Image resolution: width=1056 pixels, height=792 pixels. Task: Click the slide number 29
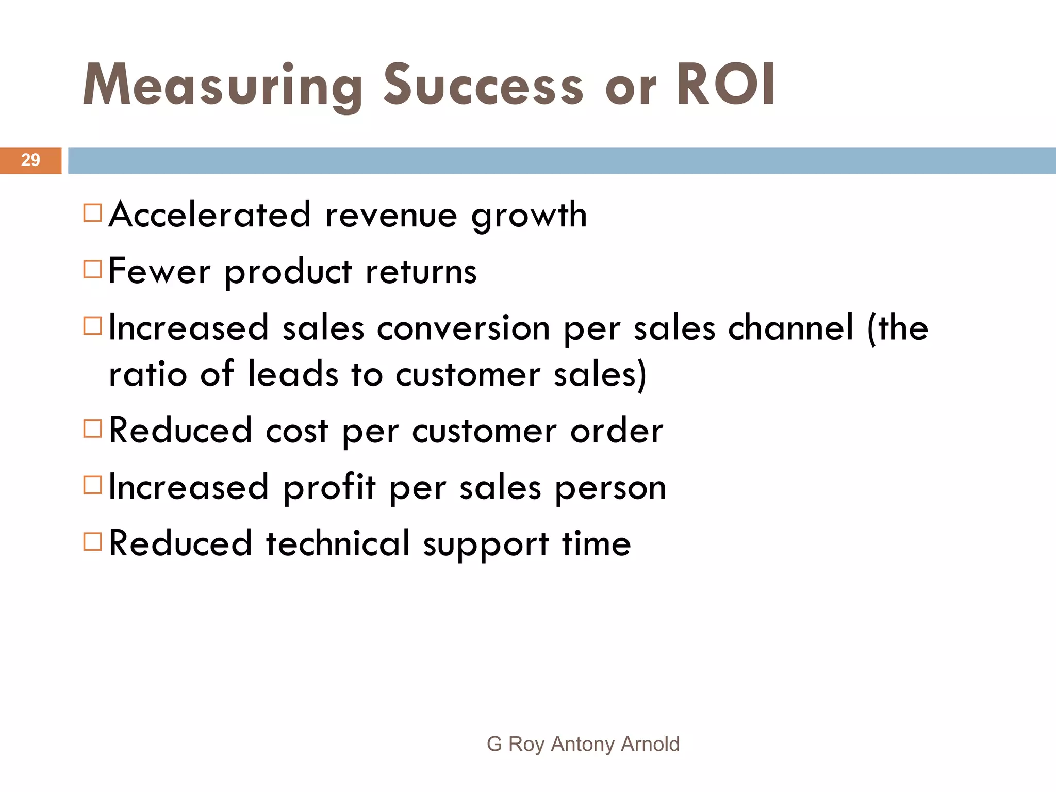click(30, 160)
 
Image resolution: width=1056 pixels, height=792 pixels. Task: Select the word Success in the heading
click(483, 86)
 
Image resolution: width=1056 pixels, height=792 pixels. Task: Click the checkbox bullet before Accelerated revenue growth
click(92, 213)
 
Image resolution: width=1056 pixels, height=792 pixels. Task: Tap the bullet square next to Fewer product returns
click(92, 269)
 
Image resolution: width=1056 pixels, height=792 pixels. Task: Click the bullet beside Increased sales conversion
click(92, 326)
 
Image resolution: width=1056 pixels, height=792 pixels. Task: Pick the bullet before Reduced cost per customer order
click(92, 428)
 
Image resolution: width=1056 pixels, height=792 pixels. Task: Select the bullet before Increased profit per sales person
click(92, 485)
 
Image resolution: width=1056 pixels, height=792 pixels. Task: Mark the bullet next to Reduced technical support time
click(92, 541)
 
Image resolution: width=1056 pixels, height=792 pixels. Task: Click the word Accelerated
click(210, 214)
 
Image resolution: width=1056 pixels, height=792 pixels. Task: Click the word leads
click(293, 374)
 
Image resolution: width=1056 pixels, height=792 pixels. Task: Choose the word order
click(617, 431)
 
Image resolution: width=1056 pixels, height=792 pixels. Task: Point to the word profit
click(329, 487)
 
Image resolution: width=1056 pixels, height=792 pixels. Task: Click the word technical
click(338, 543)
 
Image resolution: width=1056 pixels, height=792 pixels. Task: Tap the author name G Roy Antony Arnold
click(583, 744)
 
